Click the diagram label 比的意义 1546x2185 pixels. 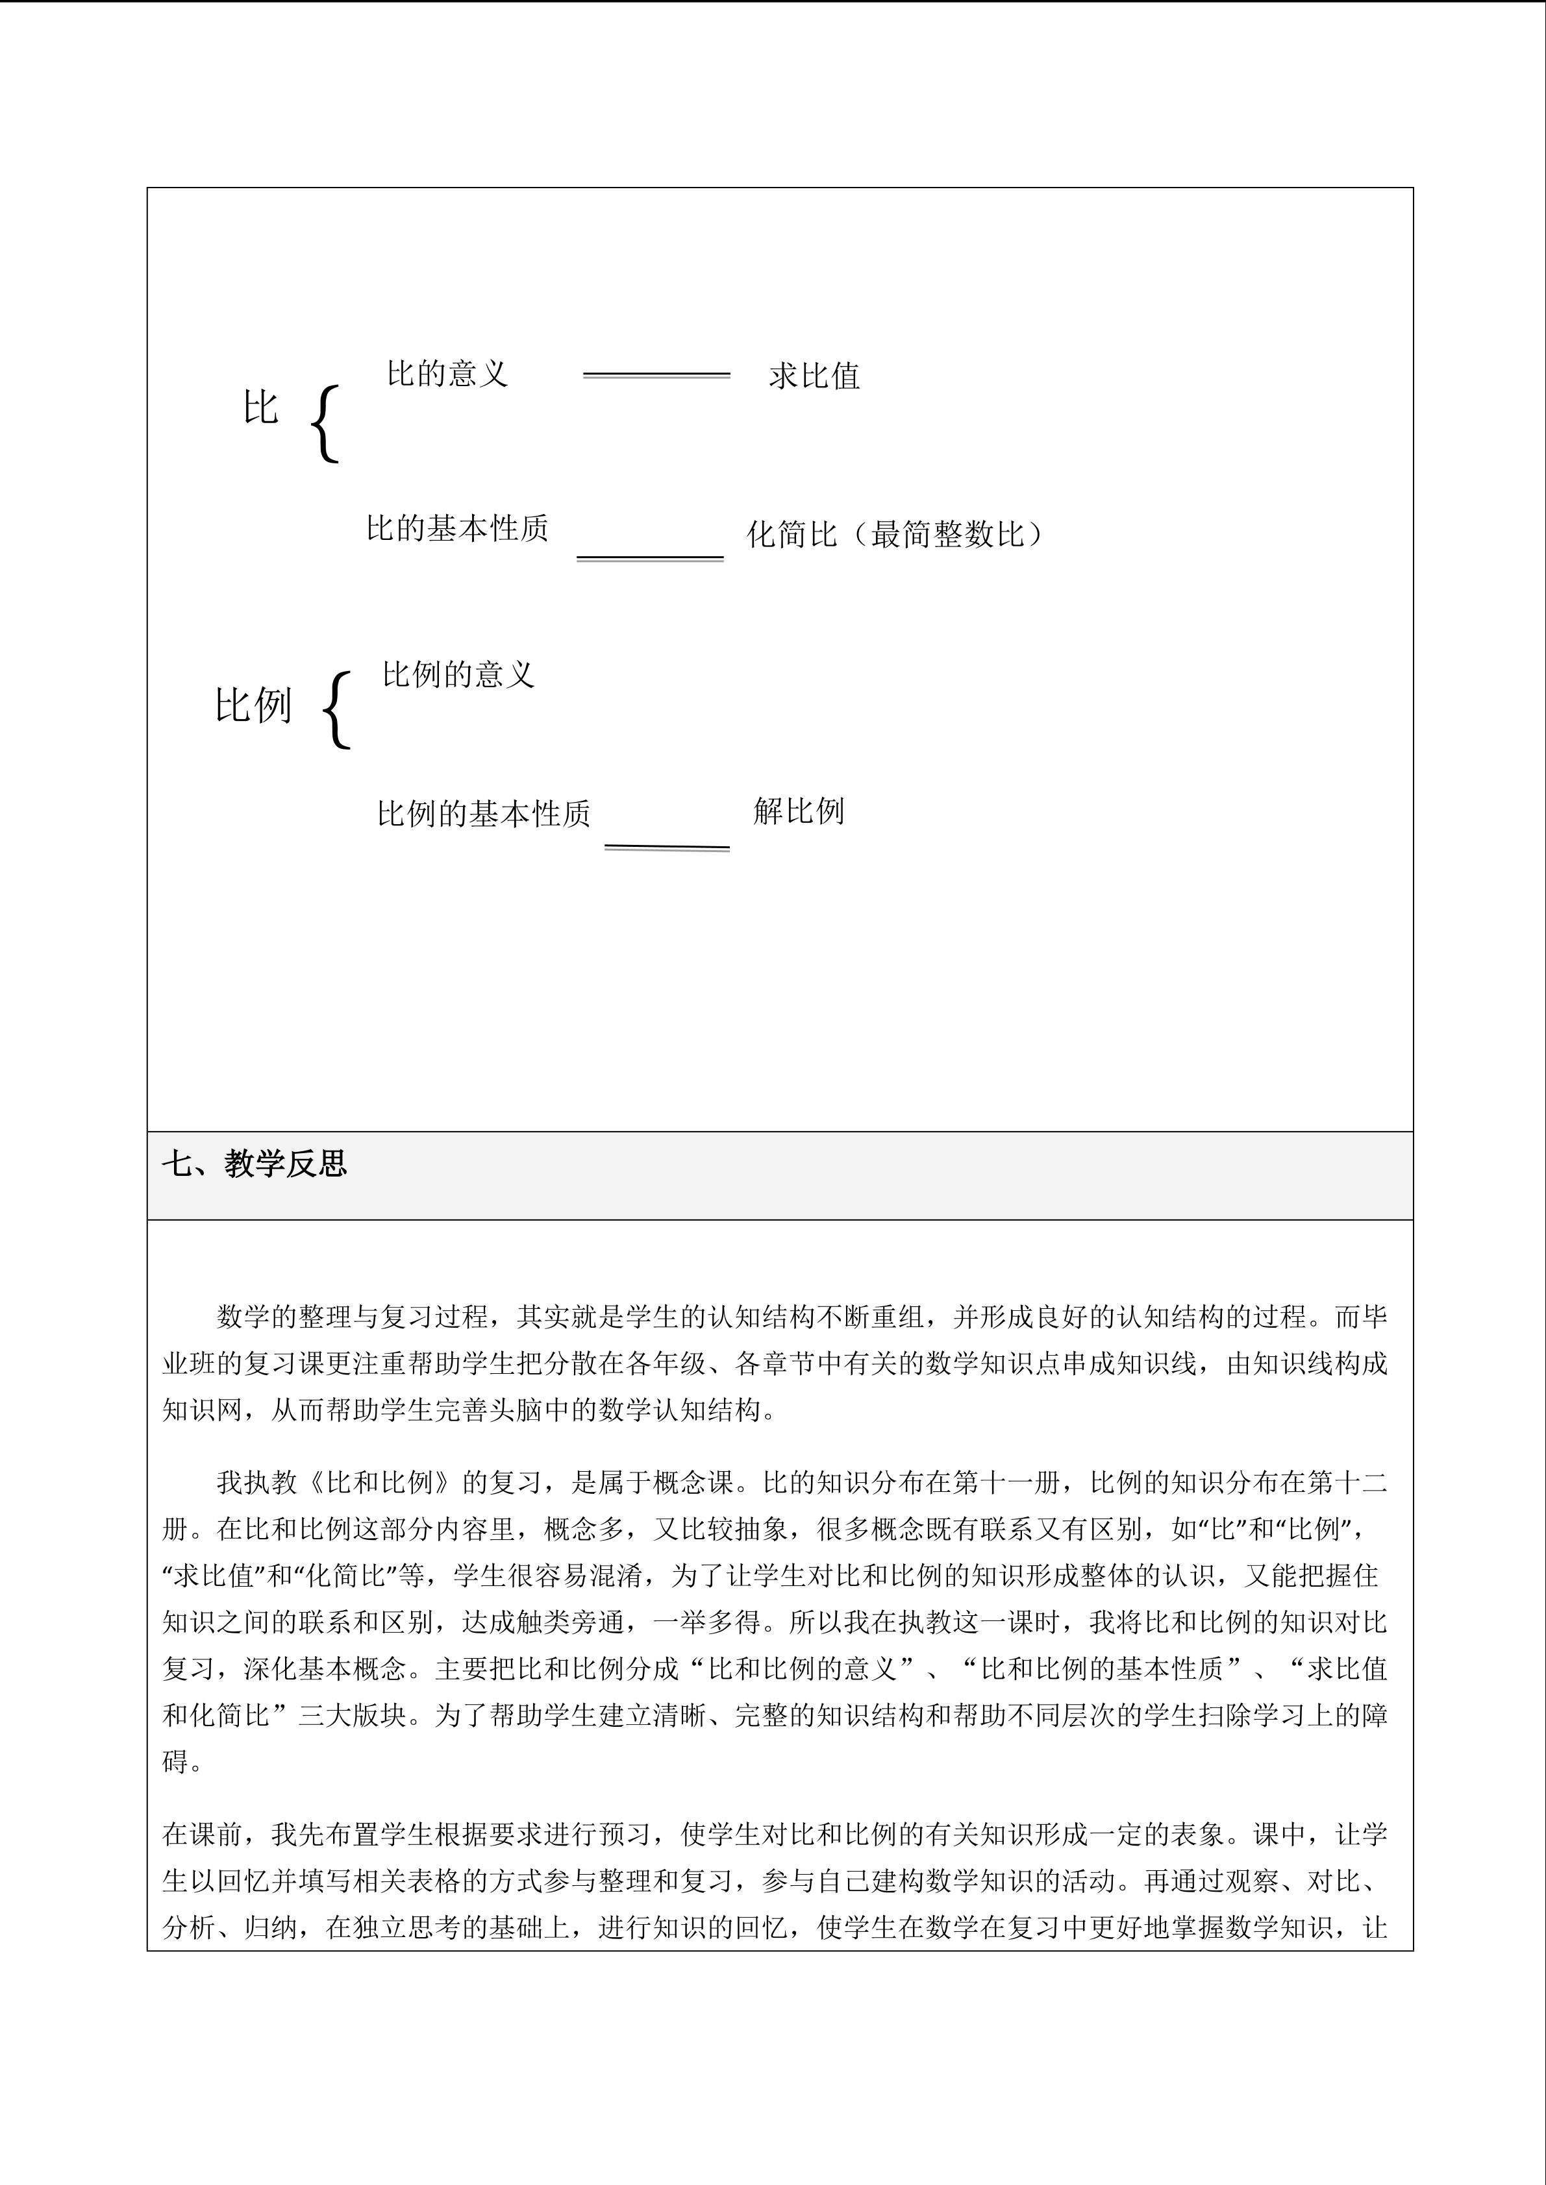447,373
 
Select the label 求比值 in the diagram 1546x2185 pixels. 814,376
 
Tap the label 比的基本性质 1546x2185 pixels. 457,528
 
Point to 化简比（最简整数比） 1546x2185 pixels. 894,534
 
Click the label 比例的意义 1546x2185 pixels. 458,675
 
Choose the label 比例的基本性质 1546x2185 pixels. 484,814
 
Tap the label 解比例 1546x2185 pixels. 799,811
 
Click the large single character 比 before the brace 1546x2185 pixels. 260,408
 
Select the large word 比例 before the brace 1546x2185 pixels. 253,705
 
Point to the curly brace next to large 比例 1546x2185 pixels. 337,710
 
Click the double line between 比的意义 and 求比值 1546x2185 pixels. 656,376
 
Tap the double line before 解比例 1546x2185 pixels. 667,847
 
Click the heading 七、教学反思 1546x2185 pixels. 254,1163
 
